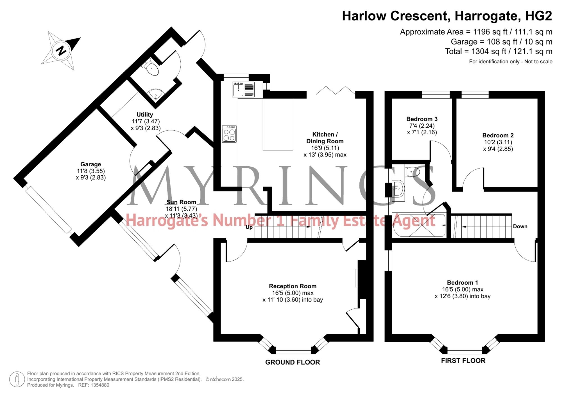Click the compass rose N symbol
click(x=61, y=51)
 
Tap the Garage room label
click(x=90, y=164)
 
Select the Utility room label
click(x=145, y=115)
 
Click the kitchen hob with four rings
click(x=229, y=134)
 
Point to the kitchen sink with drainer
click(x=243, y=90)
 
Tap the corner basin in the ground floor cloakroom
click(x=156, y=94)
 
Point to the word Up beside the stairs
click(x=249, y=227)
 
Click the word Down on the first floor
click(x=520, y=226)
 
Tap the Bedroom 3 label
click(x=422, y=119)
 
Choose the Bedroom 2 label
click(x=498, y=135)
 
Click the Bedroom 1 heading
click(x=462, y=283)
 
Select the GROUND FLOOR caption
click(x=293, y=362)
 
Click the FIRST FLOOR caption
click(x=463, y=361)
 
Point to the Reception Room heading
click(x=293, y=286)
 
